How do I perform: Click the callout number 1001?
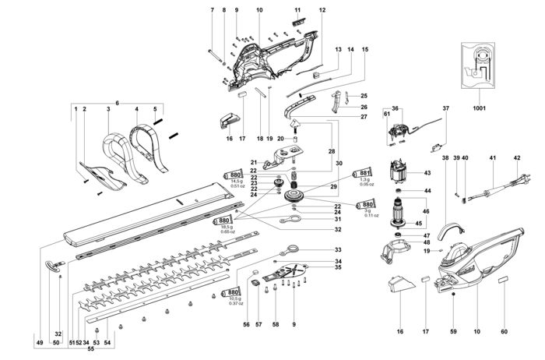click(480, 108)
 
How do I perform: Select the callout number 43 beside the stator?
click(427, 173)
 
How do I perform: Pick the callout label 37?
click(446, 108)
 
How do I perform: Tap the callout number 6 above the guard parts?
click(117, 103)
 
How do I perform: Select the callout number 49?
click(40, 342)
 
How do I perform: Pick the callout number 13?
click(339, 49)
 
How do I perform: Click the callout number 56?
click(246, 324)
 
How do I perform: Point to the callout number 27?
click(341, 116)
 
